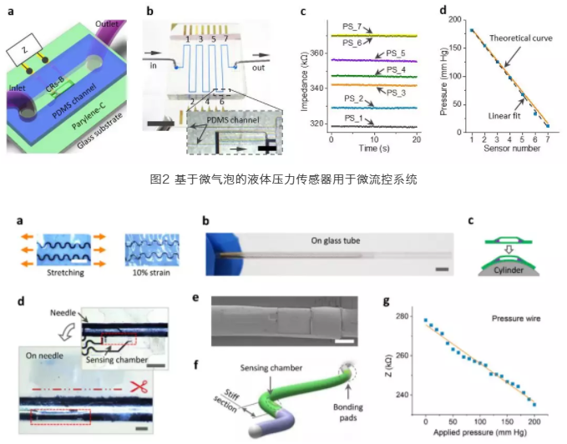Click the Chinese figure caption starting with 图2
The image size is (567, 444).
[282, 179]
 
